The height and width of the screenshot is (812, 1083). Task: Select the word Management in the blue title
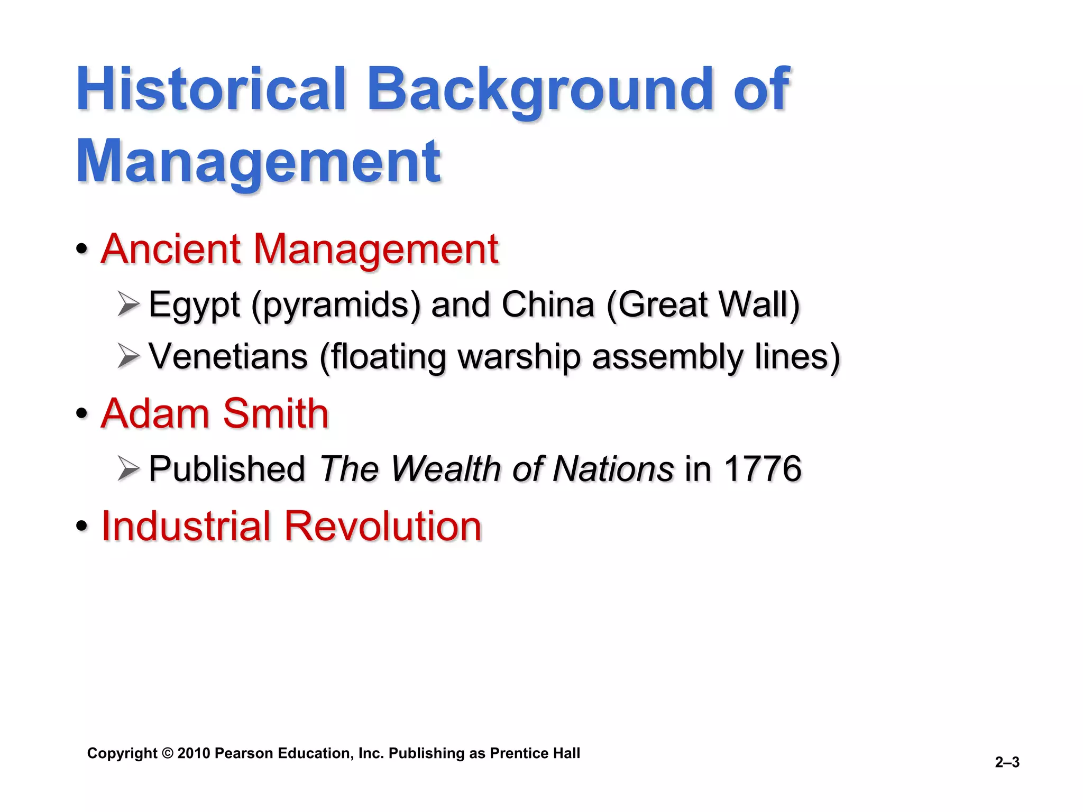[x=258, y=161]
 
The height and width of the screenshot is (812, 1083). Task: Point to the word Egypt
[x=194, y=306]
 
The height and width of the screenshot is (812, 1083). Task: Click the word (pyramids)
[x=336, y=306]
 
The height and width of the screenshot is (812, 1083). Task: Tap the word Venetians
[x=228, y=356]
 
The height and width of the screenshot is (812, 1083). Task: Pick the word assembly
[x=667, y=357]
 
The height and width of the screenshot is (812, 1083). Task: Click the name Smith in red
[x=276, y=413]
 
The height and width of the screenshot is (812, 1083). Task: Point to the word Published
[x=227, y=469]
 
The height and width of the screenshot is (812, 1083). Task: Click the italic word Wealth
[x=446, y=469]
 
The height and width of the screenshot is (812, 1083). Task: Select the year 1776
[x=763, y=469]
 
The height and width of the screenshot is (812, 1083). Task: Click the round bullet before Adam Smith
[x=81, y=413]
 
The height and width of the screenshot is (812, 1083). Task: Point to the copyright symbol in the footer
[x=167, y=753]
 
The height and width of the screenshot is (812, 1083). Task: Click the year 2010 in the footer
[x=194, y=753]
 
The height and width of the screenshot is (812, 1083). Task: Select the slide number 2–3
[x=1007, y=762]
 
